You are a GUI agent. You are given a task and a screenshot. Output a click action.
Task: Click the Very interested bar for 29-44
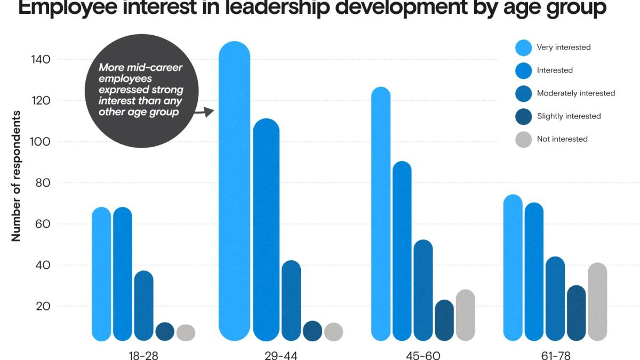click(x=235, y=192)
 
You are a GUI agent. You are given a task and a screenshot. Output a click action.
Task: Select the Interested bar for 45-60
click(x=402, y=251)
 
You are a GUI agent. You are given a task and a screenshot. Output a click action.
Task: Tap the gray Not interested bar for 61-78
click(x=597, y=301)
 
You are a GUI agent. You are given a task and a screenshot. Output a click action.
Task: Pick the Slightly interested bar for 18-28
click(x=165, y=332)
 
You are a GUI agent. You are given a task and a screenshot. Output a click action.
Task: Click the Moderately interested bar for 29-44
click(x=291, y=301)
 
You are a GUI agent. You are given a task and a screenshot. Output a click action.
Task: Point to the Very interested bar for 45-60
click(x=381, y=213)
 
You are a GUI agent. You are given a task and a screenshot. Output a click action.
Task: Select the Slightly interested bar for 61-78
click(x=577, y=313)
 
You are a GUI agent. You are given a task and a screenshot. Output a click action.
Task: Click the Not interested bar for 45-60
click(x=465, y=315)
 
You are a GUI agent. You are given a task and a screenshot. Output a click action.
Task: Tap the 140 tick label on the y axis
click(x=41, y=60)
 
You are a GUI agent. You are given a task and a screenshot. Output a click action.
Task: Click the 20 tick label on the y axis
click(x=43, y=306)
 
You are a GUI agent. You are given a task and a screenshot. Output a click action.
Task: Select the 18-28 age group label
click(x=144, y=355)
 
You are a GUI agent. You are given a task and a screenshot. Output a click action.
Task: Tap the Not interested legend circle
click(x=524, y=139)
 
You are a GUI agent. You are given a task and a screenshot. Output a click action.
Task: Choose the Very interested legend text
click(x=564, y=47)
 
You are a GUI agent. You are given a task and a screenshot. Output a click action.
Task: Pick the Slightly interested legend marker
click(x=524, y=116)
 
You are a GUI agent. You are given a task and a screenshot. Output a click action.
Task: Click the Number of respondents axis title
click(x=16, y=176)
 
